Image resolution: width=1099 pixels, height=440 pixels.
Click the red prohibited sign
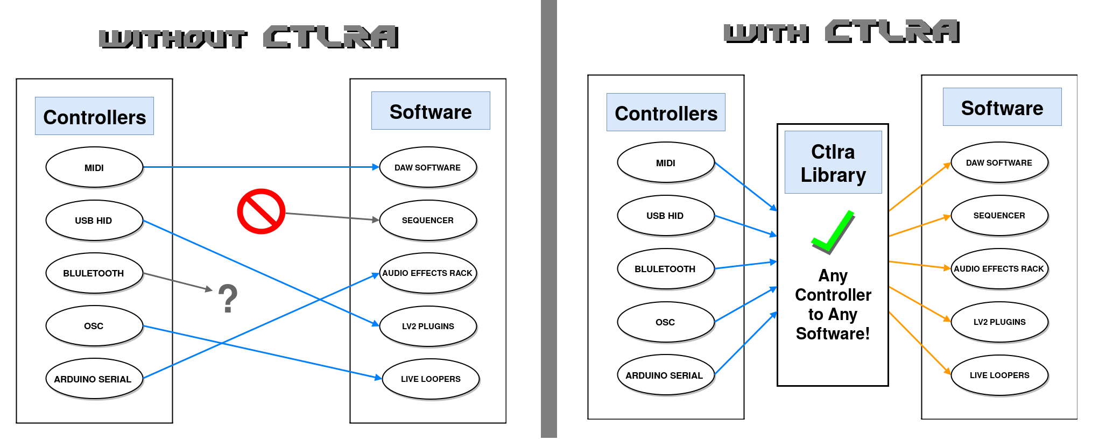[261, 211]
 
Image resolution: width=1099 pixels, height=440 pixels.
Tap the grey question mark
[228, 299]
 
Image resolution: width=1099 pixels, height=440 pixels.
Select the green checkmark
[833, 232]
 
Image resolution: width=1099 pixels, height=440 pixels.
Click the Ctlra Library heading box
[833, 162]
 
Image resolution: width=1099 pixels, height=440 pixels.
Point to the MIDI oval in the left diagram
[94, 167]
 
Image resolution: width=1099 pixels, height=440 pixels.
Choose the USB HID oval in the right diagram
[665, 216]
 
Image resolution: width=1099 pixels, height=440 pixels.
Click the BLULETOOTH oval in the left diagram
[94, 273]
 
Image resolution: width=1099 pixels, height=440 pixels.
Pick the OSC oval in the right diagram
[665, 322]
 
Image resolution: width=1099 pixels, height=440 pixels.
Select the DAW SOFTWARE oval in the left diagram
[428, 167]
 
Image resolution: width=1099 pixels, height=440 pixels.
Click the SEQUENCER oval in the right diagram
[999, 216]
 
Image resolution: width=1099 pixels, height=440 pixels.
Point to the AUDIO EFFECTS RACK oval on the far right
[999, 268]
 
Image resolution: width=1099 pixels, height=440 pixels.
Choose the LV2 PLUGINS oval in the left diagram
[428, 326]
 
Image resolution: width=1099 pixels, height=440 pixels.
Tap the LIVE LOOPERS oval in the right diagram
[999, 375]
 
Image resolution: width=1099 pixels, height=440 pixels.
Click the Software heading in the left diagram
[431, 111]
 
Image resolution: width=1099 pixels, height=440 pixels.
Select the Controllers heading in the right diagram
[666, 113]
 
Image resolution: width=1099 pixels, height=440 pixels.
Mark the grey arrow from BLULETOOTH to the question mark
[178, 281]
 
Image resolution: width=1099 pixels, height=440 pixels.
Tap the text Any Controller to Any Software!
[833, 305]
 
